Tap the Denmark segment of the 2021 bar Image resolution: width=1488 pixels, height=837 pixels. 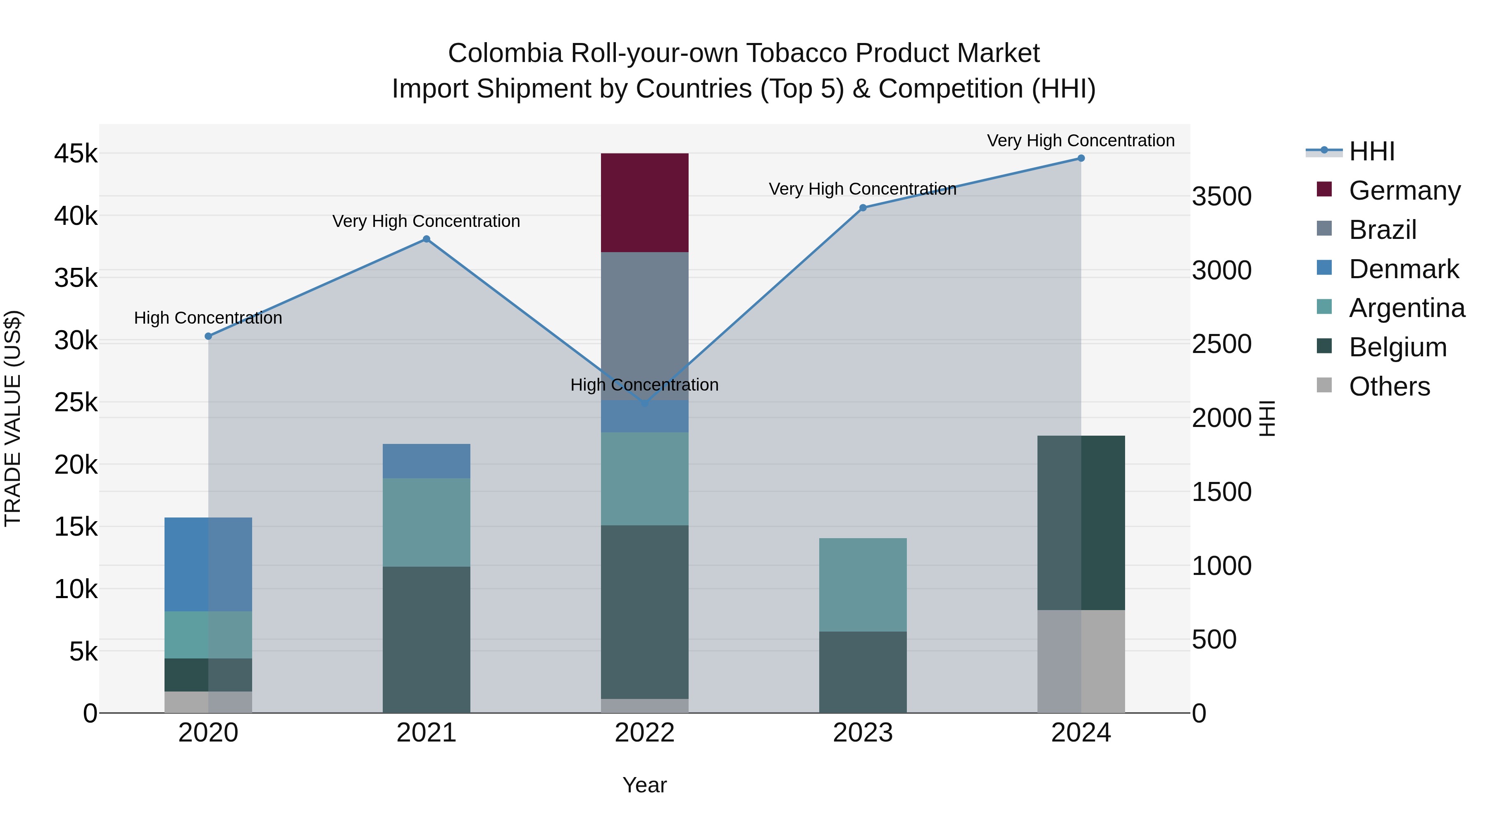(x=426, y=461)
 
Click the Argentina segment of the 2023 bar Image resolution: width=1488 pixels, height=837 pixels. (x=863, y=584)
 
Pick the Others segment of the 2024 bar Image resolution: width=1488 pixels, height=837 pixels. (x=1081, y=661)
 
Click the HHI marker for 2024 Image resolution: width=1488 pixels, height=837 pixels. (x=1081, y=158)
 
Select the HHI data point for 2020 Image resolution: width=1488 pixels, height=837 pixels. (x=209, y=336)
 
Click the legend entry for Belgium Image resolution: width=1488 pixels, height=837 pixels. (x=1398, y=347)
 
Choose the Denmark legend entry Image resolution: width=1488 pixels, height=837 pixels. (x=1404, y=269)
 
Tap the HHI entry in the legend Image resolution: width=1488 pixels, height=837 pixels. (x=1371, y=151)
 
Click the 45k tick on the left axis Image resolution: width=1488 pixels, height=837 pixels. (x=76, y=154)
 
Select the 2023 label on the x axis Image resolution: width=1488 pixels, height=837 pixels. (x=863, y=733)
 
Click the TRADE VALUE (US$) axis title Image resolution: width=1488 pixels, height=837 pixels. (x=13, y=418)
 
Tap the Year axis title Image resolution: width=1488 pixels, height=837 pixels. (x=645, y=785)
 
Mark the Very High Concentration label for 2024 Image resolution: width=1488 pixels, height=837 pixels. (x=1081, y=141)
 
